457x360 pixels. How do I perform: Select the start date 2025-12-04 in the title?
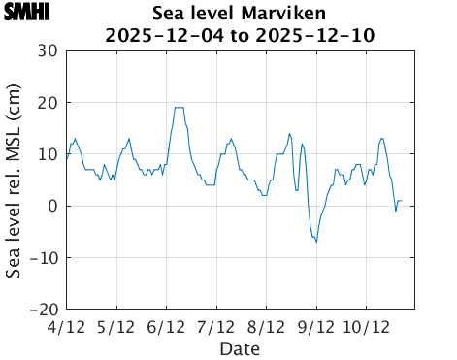[162, 35]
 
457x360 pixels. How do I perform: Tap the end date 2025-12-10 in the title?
[319, 35]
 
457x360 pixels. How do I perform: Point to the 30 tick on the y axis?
[47, 50]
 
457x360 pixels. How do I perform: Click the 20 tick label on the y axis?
[47, 103]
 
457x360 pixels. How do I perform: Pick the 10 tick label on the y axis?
[47, 154]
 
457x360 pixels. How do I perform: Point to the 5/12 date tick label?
[116, 328]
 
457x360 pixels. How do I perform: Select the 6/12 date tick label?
[167, 328]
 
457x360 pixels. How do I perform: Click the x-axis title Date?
[240, 348]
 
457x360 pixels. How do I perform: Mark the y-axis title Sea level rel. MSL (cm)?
[14, 180]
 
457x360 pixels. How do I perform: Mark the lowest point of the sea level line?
[316, 241]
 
